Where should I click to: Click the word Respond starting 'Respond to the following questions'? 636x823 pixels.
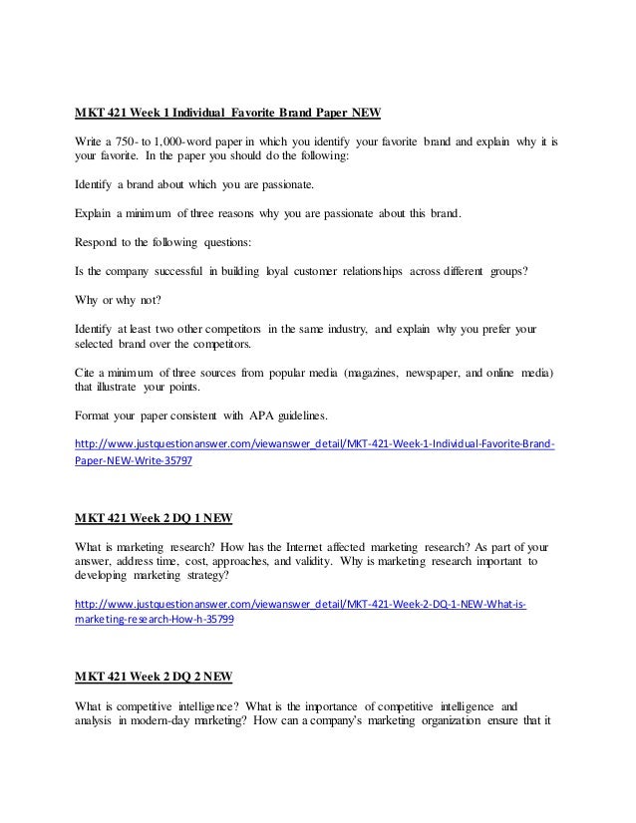click(101, 241)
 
